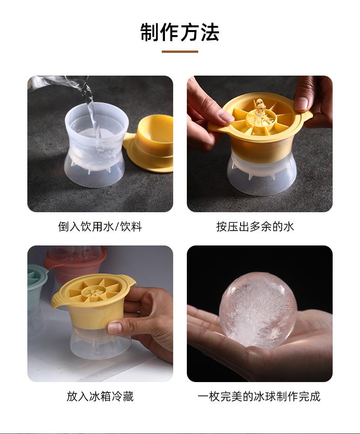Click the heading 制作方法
[180, 32]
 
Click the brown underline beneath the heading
[180, 51]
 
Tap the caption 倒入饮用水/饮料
[100, 226]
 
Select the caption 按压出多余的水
[255, 226]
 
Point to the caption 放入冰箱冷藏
[100, 396]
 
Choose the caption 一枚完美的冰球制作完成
[259, 396]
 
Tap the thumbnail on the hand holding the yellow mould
[114, 327]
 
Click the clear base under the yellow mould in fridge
[100, 346]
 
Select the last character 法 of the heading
[210, 32]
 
